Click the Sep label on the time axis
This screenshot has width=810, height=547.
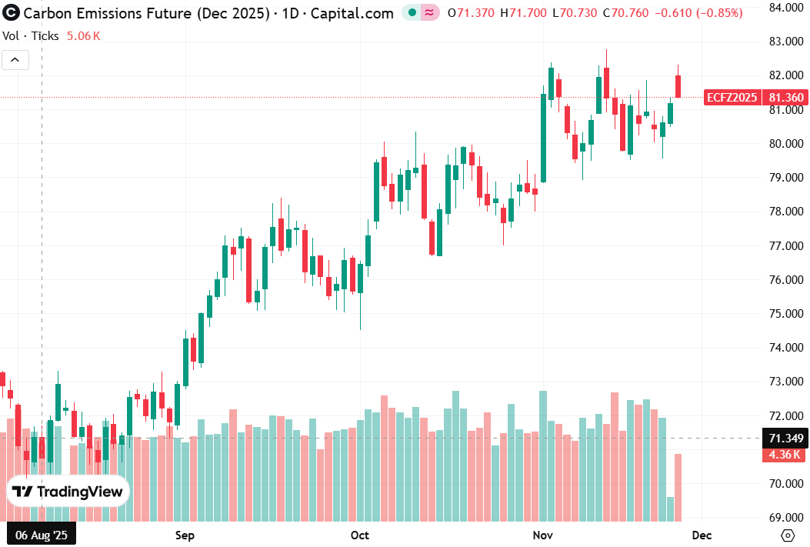tap(185, 535)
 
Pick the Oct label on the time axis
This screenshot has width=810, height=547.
tap(359, 535)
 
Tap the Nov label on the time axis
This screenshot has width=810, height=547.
tap(543, 535)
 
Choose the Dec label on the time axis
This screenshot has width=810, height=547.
tap(702, 535)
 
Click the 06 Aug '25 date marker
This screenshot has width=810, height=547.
tap(42, 535)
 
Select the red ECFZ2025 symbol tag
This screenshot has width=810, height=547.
tap(731, 98)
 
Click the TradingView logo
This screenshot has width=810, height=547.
tap(68, 492)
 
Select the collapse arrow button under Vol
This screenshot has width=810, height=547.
tap(15, 60)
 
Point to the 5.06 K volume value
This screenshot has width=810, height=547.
tap(84, 35)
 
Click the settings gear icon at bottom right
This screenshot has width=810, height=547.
tap(787, 535)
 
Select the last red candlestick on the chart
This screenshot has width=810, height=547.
tap(678, 86)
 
